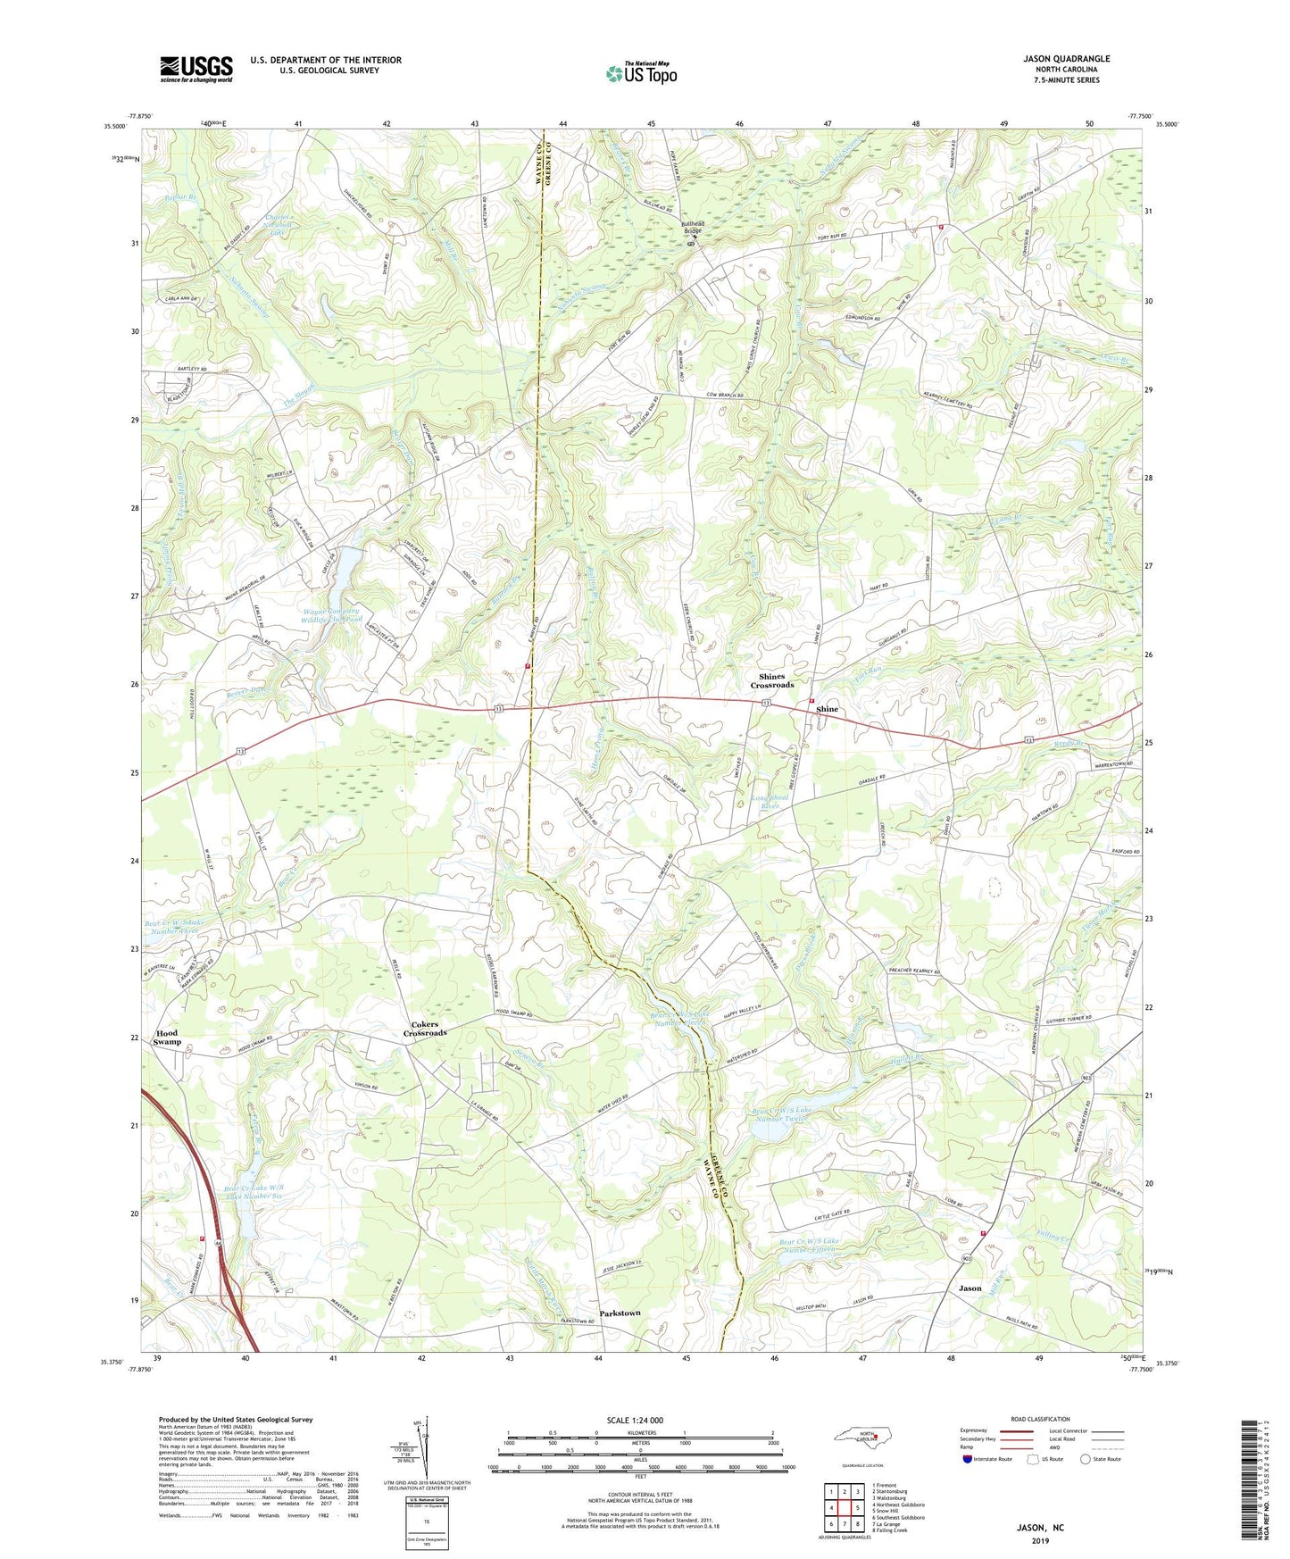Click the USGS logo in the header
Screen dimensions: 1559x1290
click(196, 69)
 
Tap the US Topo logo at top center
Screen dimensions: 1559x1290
click(640, 72)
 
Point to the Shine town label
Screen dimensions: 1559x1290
click(828, 709)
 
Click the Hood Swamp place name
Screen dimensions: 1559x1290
click(167, 1038)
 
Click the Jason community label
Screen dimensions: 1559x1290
click(970, 1288)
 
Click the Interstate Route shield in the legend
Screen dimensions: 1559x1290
click(970, 1459)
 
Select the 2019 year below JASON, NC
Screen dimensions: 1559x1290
click(1040, 1541)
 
